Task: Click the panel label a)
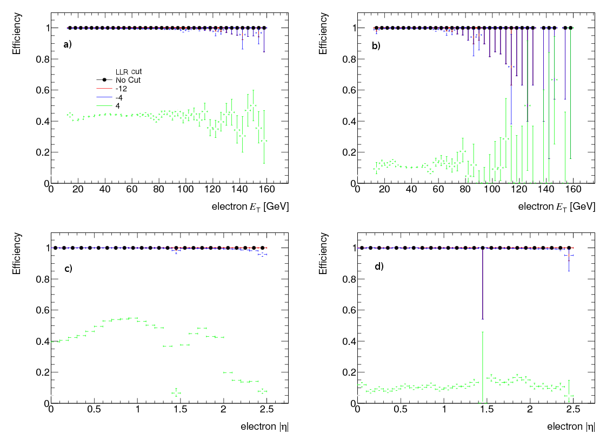67,45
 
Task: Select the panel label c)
68,269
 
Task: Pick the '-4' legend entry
119,97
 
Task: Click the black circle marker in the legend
104,80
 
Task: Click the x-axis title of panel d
571,426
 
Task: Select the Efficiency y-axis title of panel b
324,33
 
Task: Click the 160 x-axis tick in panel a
266,191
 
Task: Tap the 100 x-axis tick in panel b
492,191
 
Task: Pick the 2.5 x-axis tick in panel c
266,411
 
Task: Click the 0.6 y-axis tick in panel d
348,310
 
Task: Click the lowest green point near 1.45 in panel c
176,393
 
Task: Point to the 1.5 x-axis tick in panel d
487,411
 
